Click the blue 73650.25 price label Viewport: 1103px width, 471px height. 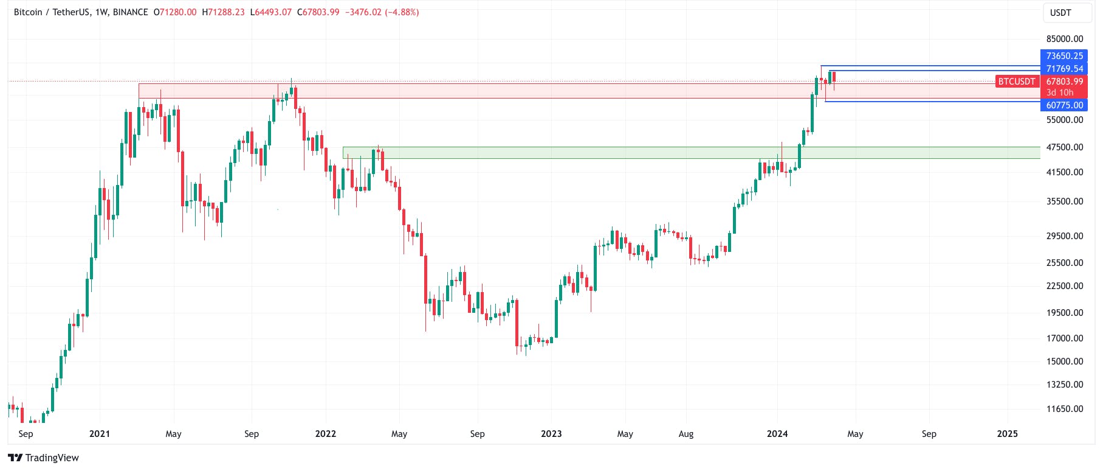coord(1064,56)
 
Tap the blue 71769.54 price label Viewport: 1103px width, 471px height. coord(1064,69)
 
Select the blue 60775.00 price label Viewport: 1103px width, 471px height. coord(1064,105)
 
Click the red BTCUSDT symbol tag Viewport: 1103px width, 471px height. coord(1017,82)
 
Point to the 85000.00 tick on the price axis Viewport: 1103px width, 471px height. coord(1064,39)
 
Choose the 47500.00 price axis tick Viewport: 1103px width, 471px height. coord(1064,147)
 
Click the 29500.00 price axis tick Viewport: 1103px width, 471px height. coord(1064,236)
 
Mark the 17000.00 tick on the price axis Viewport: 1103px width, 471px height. coord(1064,338)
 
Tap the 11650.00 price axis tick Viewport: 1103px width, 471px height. coord(1064,409)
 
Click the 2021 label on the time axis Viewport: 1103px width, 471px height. coord(100,434)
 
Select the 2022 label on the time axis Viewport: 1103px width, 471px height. coord(326,434)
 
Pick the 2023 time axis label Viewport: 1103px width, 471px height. coord(551,434)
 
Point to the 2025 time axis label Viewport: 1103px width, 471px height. coord(1008,434)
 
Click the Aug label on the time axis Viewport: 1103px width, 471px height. coord(686,434)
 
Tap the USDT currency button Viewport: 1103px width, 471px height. coord(1060,13)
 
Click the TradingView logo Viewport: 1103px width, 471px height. coord(44,458)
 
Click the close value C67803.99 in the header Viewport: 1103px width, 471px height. coord(318,12)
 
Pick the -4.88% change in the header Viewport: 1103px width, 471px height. coord(402,12)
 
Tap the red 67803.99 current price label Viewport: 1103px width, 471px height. coord(1064,82)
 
